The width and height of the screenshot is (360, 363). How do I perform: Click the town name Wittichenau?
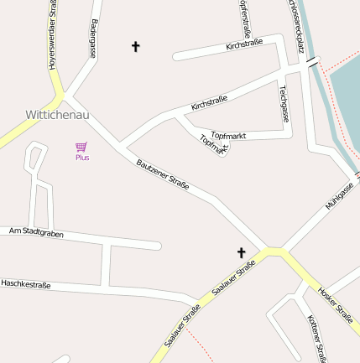(x=58, y=112)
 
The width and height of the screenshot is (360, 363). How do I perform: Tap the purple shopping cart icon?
(x=81, y=147)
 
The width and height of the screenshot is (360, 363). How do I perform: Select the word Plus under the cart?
(x=82, y=158)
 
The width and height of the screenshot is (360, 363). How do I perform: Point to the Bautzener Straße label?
(x=163, y=173)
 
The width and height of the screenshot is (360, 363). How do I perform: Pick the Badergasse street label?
(x=93, y=38)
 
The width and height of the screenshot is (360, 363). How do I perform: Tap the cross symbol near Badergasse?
(x=136, y=46)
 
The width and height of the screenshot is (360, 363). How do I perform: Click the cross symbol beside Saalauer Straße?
(x=242, y=252)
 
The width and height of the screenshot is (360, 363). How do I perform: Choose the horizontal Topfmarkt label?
(x=229, y=135)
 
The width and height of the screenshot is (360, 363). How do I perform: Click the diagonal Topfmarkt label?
(x=213, y=144)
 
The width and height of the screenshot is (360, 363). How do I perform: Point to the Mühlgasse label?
(x=339, y=194)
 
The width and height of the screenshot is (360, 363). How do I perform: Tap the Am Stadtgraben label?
(x=36, y=231)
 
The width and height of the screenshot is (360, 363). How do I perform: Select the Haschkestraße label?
(x=25, y=285)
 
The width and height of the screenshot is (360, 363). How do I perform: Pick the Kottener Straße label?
(x=316, y=339)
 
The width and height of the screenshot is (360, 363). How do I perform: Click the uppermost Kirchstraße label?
(x=244, y=44)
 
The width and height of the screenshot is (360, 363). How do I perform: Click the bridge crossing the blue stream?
(x=313, y=62)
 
